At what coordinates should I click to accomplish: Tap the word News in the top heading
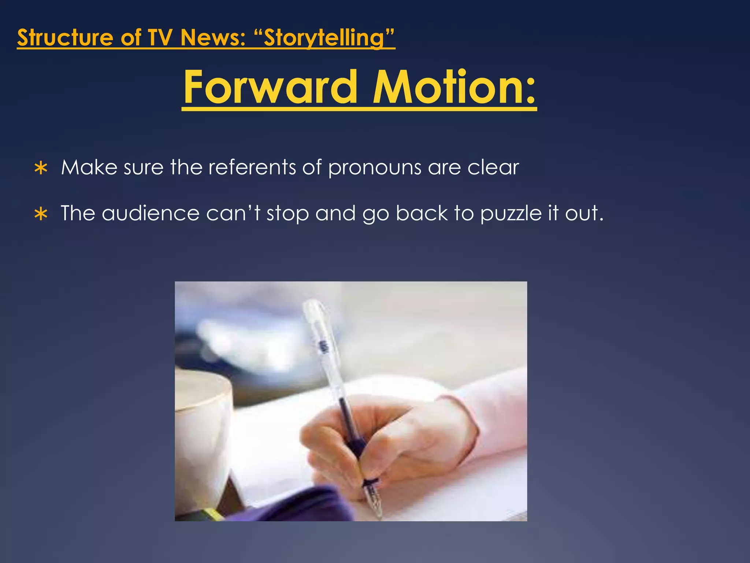[213, 38]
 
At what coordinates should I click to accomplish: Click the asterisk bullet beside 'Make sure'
[41, 168]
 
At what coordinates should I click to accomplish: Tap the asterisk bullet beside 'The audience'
[41, 214]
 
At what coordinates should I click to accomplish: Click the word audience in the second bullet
[151, 213]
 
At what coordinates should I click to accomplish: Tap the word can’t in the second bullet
[233, 213]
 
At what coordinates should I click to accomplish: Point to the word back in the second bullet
[422, 213]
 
